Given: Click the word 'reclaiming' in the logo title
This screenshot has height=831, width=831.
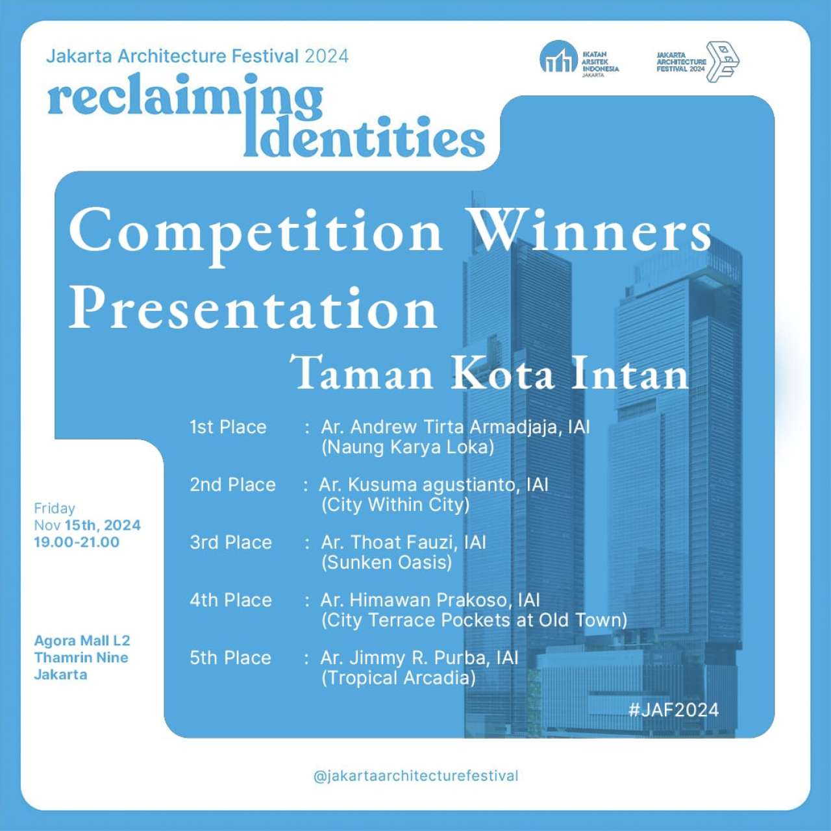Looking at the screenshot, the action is (186, 96).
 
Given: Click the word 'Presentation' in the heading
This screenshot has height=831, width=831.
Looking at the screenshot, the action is (253, 308).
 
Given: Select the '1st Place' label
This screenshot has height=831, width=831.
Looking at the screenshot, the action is (228, 427).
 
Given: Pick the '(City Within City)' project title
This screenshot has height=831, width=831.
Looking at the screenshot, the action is (395, 505).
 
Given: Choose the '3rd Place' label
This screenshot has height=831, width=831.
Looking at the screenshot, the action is (230, 543).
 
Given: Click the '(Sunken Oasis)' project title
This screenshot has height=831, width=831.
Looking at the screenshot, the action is (387, 562).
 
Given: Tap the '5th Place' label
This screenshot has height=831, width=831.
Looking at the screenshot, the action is (230, 658).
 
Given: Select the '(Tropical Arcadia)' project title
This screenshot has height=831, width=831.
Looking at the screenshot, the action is (399, 678).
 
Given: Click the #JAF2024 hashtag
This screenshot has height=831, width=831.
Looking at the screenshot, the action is (674, 710).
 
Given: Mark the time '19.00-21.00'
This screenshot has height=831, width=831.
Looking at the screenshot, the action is (77, 542).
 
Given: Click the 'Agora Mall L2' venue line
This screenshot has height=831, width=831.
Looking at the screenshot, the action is (82, 641).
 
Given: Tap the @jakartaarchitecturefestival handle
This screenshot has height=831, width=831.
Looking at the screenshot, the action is (415, 776).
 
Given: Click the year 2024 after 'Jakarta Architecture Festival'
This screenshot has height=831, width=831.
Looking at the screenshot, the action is (327, 56).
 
